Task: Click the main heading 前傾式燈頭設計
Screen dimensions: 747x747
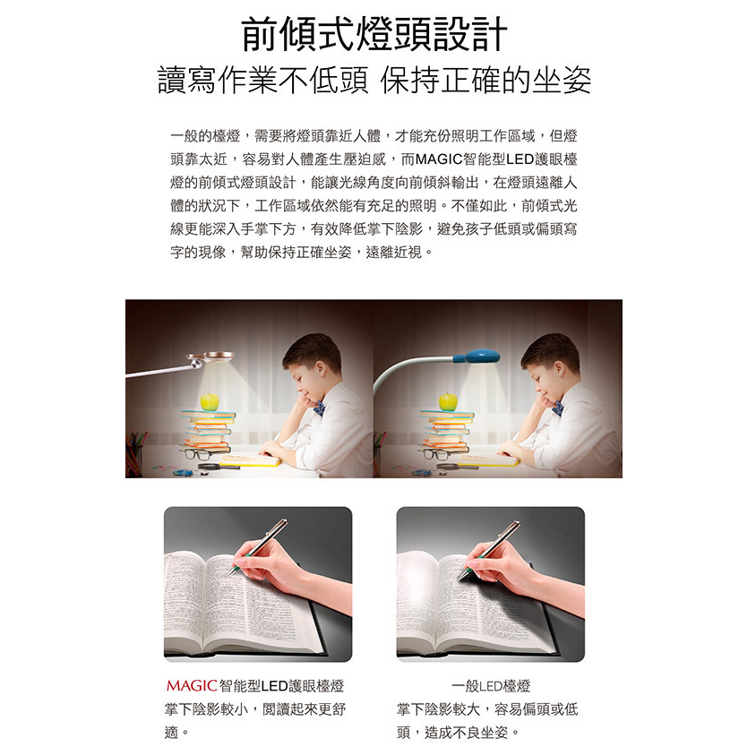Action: (374, 34)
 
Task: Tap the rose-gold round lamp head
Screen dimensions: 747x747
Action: (213, 357)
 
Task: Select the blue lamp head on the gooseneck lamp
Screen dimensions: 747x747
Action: (477, 356)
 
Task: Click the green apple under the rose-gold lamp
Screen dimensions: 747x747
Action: (209, 401)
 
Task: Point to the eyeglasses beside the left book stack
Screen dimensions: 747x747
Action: (197, 453)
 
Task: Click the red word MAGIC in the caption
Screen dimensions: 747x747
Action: (192, 685)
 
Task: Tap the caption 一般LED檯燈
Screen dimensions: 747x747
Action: (491, 686)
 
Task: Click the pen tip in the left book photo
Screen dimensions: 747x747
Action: (229, 575)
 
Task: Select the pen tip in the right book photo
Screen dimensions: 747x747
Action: (460, 578)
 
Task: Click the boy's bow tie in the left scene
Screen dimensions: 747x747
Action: (320, 408)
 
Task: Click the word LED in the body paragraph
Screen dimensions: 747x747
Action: (520, 159)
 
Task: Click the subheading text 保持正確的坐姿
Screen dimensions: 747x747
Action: (485, 80)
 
